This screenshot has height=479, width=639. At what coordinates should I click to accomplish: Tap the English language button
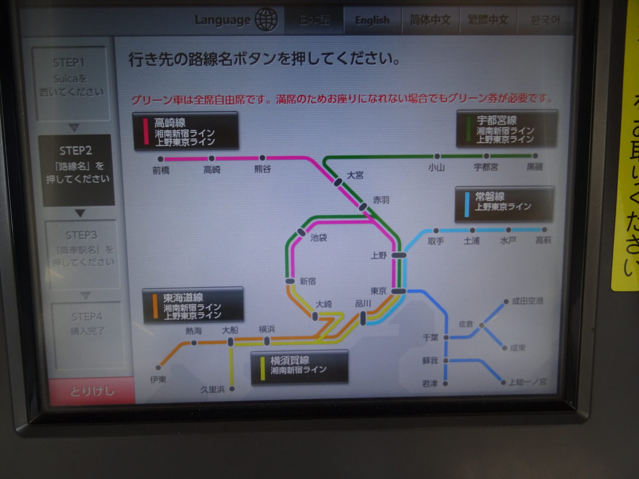(x=372, y=21)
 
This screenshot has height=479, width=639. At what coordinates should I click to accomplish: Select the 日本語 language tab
(x=314, y=21)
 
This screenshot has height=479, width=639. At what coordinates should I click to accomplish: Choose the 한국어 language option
(x=545, y=21)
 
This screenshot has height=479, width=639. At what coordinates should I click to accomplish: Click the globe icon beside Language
(x=266, y=20)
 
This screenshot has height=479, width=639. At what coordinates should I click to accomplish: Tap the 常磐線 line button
(x=504, y=204)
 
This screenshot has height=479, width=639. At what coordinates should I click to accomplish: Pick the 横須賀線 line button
(x=299, y=368)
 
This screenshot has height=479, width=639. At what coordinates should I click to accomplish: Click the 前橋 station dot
(x=161, y=159)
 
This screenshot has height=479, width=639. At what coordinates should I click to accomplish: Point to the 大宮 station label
(x=355, y=175)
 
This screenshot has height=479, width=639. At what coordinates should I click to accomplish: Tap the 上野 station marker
(x=399, y=255)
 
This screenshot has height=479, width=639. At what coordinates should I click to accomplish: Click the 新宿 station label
(x=308, y=281)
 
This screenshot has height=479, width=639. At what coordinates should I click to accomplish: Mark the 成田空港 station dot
(x=506, y=302)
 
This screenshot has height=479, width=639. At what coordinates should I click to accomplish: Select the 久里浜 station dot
(x=232, y=389)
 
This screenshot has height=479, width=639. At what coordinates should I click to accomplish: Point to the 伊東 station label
(x=158, y=380)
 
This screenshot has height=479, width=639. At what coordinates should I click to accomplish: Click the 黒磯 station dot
(x=535, y=156)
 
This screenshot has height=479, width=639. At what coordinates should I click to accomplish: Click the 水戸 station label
(x=508, y=241)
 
